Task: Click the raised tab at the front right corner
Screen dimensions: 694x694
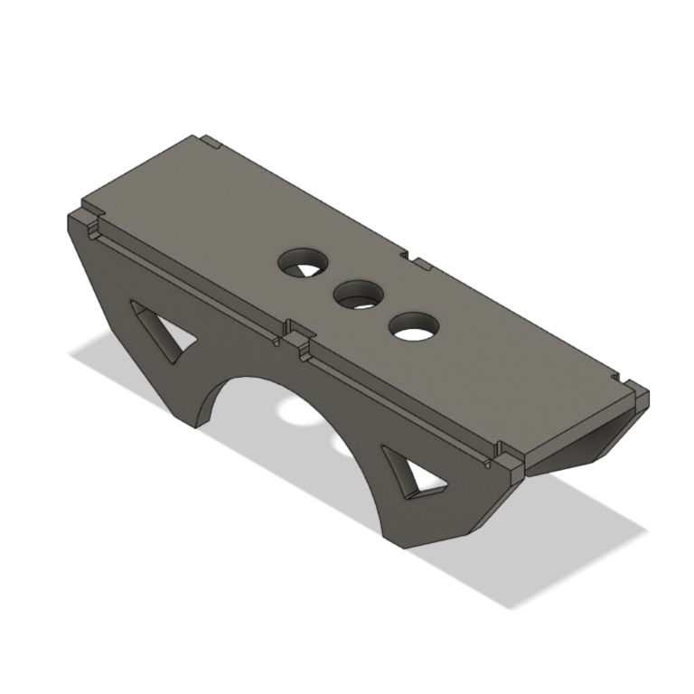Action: click(x=508, y=464)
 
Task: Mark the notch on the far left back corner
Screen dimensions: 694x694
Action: click(x=211, y=142)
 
